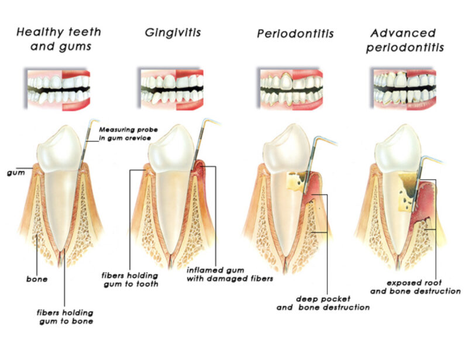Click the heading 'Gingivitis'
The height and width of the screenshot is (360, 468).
pos(173,33)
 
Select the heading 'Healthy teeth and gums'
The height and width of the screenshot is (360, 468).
pos(59,39)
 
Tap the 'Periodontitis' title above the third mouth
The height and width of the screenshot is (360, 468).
pos(295,33)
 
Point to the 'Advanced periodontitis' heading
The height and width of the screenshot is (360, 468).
pos(405,40)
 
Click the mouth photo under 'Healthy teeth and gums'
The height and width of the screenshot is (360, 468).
pos(57,89)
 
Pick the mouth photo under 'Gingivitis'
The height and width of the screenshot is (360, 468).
pos(170,89)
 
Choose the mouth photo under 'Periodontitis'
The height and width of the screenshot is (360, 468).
pos(290,89)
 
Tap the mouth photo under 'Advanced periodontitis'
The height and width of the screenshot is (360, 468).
pos(403,89)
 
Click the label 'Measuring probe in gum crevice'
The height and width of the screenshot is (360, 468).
pos(128,134)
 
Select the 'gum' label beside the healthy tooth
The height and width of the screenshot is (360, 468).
pos(16,173)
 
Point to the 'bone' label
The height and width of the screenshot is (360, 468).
pos(37,279)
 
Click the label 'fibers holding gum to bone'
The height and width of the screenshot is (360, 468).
pos(65,317)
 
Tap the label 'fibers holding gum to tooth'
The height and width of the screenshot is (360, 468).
pos(130,280)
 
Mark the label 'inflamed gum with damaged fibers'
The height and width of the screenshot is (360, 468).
pos(230,275)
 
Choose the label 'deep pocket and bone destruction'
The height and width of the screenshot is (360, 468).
pos(323,303)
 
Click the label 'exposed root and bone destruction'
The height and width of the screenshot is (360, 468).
pos(415,287)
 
